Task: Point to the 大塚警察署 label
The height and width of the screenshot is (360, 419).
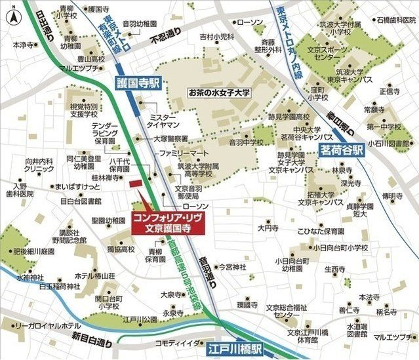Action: pos(170,138)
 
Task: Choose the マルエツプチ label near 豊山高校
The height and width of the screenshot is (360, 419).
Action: pos(79,67)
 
